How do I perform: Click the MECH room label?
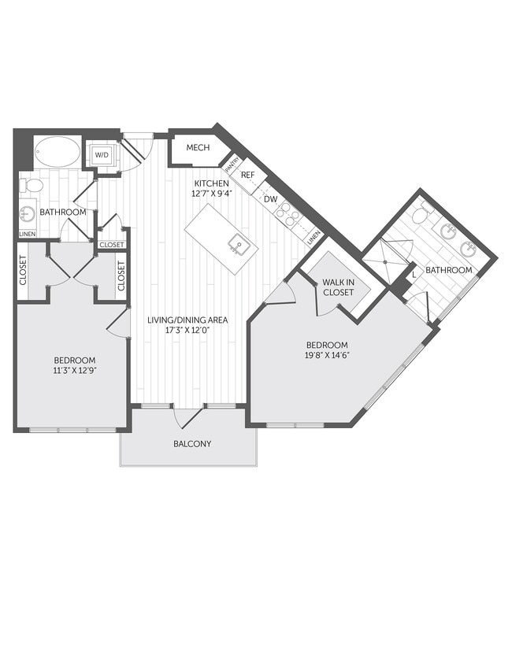pyautogui.click(x=197, y=148)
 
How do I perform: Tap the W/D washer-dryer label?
pyautogui.click(x=102, y=155)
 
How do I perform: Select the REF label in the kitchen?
pyautogui.click(x=247, y=175)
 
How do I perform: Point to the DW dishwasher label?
pyautogui.click(x=269, y=199)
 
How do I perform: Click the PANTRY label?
pyautogui.click(x=232, y=165)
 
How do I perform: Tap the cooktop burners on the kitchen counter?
pyautogui.click(x=288, y=215)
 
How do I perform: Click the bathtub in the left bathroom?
pyautogui.click(x=57, y=152)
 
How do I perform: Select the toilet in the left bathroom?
pyautogui.click(x=32, y=186)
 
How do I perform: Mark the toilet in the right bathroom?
pyautogui.click(x=421, y=215)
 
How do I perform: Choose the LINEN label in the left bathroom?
pyautogui.click(x=27, y=234)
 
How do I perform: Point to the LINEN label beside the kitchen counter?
pyautogui.click(x=314, y=236)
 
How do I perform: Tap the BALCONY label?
pyautogui.click(x=192, y=443)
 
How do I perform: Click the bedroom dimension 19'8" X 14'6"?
pyautogui.click(x=327, y=356)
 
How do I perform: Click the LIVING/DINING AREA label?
pyautogui.click(x=188, y=320)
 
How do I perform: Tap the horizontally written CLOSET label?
pyautogui.click(x=112, y=245)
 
